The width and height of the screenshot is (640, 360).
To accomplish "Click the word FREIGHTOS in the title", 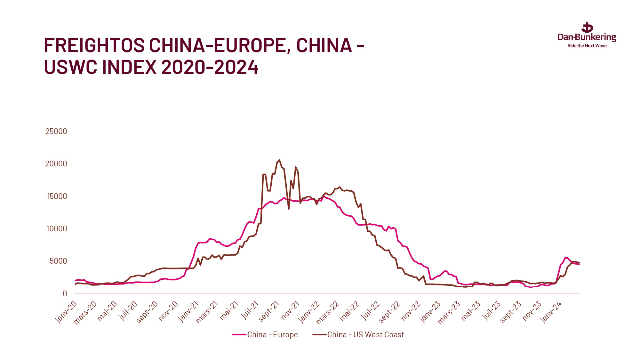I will [x=94, y=45].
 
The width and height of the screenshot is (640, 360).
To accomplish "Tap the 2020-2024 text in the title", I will [x=210, y=67].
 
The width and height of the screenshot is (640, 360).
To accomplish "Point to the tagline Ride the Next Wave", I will [x=587, y=46].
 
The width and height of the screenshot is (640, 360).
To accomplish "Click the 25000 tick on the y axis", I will [x=56, y=131].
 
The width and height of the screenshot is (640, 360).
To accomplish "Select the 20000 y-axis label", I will [x=56, y=164].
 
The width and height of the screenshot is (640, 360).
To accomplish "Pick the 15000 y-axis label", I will [x=57, y=196].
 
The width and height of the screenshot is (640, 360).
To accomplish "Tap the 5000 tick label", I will [x=58, y=261].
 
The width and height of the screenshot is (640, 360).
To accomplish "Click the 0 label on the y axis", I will [x=65, y=293].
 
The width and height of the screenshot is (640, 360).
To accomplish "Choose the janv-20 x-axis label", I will [x=67, y=312].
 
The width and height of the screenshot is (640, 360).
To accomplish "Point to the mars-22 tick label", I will [x=328, y=312].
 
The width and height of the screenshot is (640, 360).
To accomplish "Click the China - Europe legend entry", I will [x=266, y=335].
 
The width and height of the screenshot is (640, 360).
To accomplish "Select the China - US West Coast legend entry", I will [x=358, y=335].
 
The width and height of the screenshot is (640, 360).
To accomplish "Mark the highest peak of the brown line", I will [x=279, y=160].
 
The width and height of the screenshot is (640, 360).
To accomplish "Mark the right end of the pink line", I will [x=579, y=264].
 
